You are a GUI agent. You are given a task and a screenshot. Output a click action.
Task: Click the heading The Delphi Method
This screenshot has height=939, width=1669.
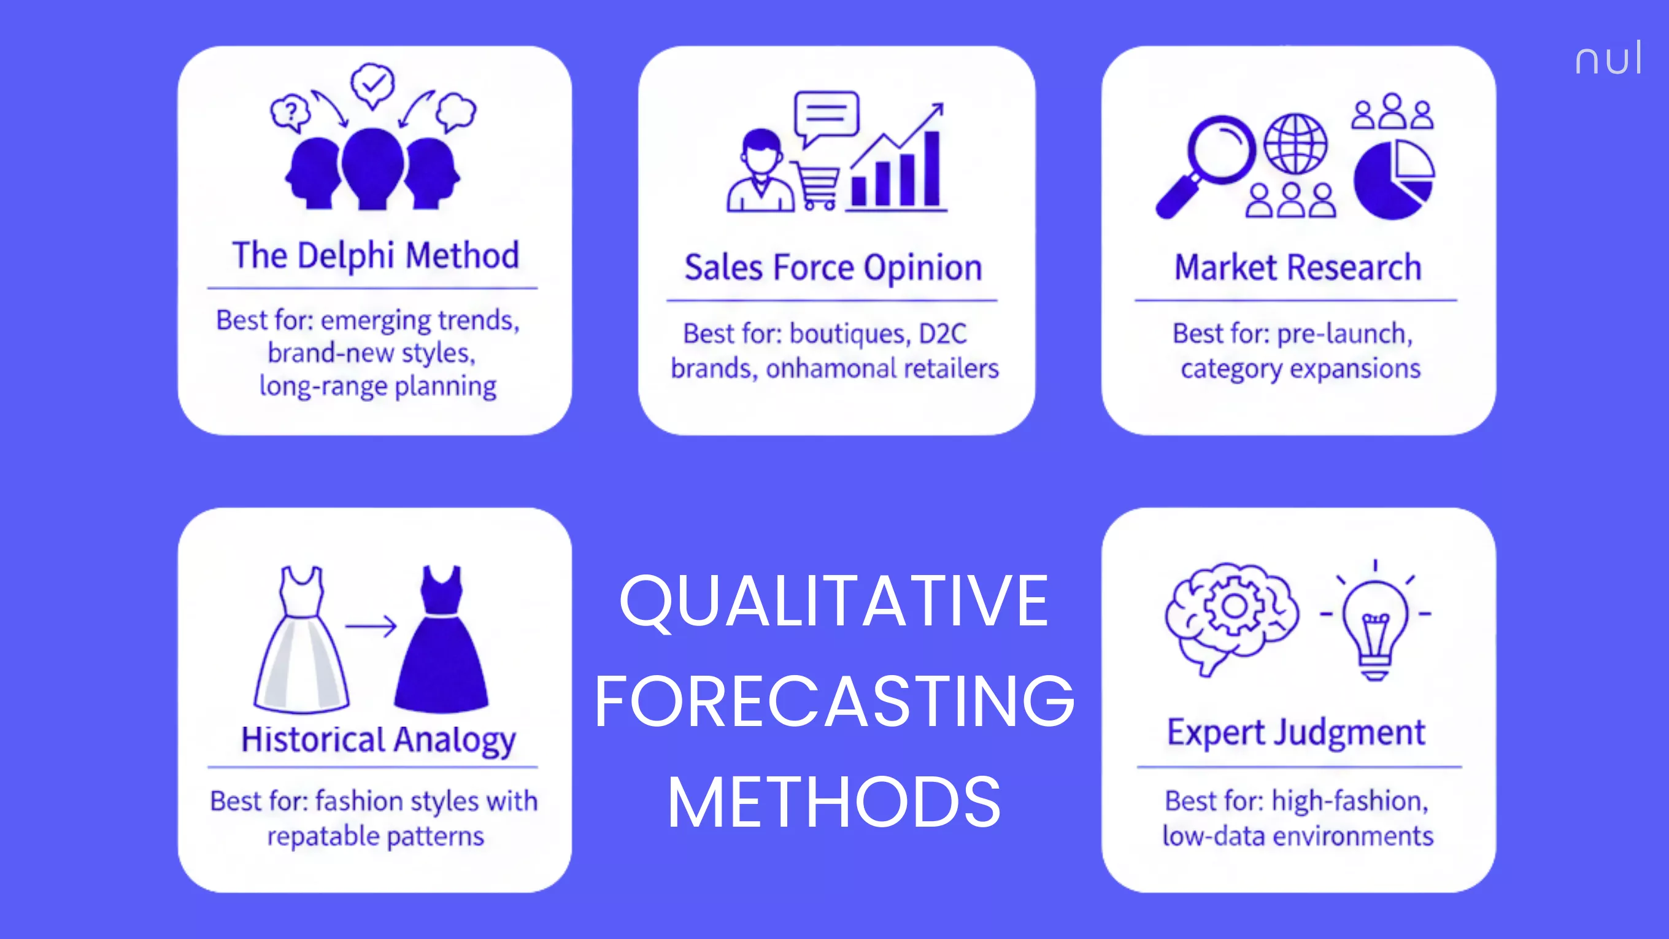[376, 255]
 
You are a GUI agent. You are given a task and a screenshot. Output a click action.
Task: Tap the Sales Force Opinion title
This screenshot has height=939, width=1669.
[833, 268]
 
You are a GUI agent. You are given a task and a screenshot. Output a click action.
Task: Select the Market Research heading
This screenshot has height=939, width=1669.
[1298, 268]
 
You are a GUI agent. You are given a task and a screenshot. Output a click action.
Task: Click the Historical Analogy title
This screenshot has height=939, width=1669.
[379, 740]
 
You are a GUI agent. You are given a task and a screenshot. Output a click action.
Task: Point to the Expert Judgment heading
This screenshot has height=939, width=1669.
[1296, 733]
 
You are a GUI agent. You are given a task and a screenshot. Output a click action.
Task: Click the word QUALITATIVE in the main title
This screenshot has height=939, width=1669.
[833, 601]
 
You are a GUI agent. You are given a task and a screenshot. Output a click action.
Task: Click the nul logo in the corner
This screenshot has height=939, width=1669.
[1608, 58]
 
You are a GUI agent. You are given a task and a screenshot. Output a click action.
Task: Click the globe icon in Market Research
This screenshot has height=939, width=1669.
[1296, 144]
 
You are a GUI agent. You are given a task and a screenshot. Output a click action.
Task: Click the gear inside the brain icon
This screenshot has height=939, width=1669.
[1233, 606]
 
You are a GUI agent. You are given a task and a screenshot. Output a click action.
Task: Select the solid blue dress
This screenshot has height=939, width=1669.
[441, 641]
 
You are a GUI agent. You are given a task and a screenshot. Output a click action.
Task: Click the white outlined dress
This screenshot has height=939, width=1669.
[301, 641]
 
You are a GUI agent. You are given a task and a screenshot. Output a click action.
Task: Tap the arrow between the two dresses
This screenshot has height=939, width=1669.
[371, 626]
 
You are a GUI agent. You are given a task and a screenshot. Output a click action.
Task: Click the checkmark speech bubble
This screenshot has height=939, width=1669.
[372, 84]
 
